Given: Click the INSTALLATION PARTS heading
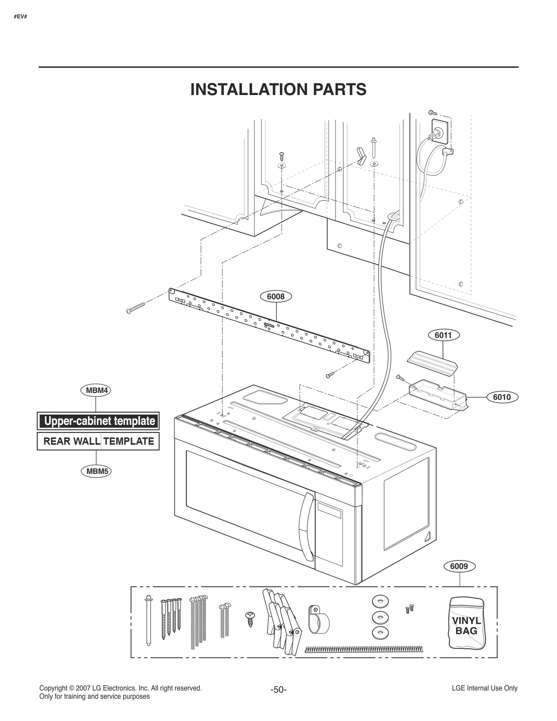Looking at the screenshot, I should tap(278, 89).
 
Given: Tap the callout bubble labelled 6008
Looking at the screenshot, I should tap(276, 296).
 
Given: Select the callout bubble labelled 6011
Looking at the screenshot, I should tap(443, 335).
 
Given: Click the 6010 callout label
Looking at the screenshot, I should tap(502, 397).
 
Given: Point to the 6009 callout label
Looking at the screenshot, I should tap(459, 566).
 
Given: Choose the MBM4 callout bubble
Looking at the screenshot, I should tap(96, 390).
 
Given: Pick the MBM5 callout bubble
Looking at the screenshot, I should tap(97, 471).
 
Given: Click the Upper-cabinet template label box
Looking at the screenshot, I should tap(98, 421).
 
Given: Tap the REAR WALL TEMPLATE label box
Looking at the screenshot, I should tap(98, 441).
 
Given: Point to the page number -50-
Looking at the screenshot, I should tap(278, 690).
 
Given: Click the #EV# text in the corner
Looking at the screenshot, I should tap(21, 17).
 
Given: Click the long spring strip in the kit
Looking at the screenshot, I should tap(364, 649).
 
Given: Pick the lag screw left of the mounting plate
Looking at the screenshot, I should tap(136, 308).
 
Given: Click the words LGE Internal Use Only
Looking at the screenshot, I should tap(484, 688).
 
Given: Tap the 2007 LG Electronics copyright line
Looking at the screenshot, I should tap(120, 688).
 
